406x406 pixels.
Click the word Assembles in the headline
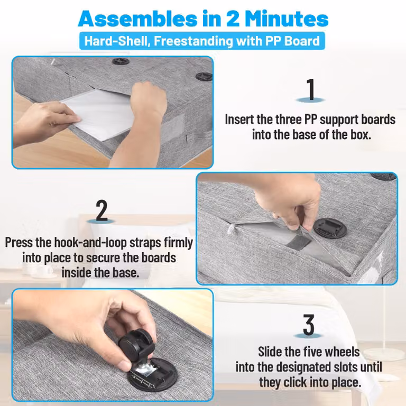pos(137,19)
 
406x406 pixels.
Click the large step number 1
pos(310,89)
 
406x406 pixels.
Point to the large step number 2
pos(101,210)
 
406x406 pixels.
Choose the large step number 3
pos(308,325)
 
